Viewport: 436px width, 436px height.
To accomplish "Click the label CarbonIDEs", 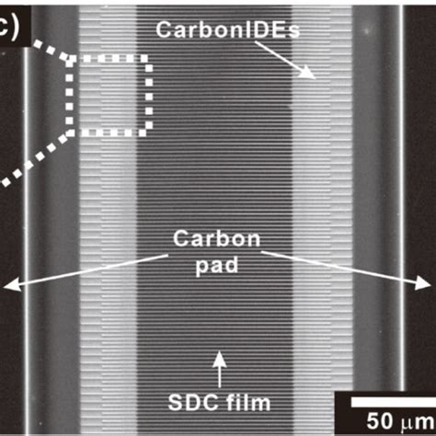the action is [x=227, y=29].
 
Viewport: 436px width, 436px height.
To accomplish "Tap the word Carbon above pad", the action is [x=217, y=238].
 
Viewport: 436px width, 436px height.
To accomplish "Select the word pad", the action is [x=217, y=266].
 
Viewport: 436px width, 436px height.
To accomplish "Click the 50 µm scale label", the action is [x=400, y=421].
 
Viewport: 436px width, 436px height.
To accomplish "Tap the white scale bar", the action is [x=394, y=402].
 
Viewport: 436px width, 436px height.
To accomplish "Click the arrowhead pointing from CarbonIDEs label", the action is [x=309, y=73].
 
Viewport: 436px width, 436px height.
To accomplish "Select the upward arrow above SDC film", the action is [x=219, y=369].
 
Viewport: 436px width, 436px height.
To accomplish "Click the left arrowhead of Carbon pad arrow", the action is [x=11, y=284].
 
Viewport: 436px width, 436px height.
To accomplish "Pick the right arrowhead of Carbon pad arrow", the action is [x=423, y=282].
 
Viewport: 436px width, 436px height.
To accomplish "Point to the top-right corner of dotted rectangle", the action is [x=149, y=58].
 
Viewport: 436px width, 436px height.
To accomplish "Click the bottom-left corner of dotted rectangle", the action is [x=70, y=132].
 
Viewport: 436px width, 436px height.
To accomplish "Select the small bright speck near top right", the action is [x=366, y=31].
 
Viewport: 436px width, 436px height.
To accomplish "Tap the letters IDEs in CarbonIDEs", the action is [x=271, y=29].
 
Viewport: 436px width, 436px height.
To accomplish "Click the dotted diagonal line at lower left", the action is [x=34, y=159].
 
